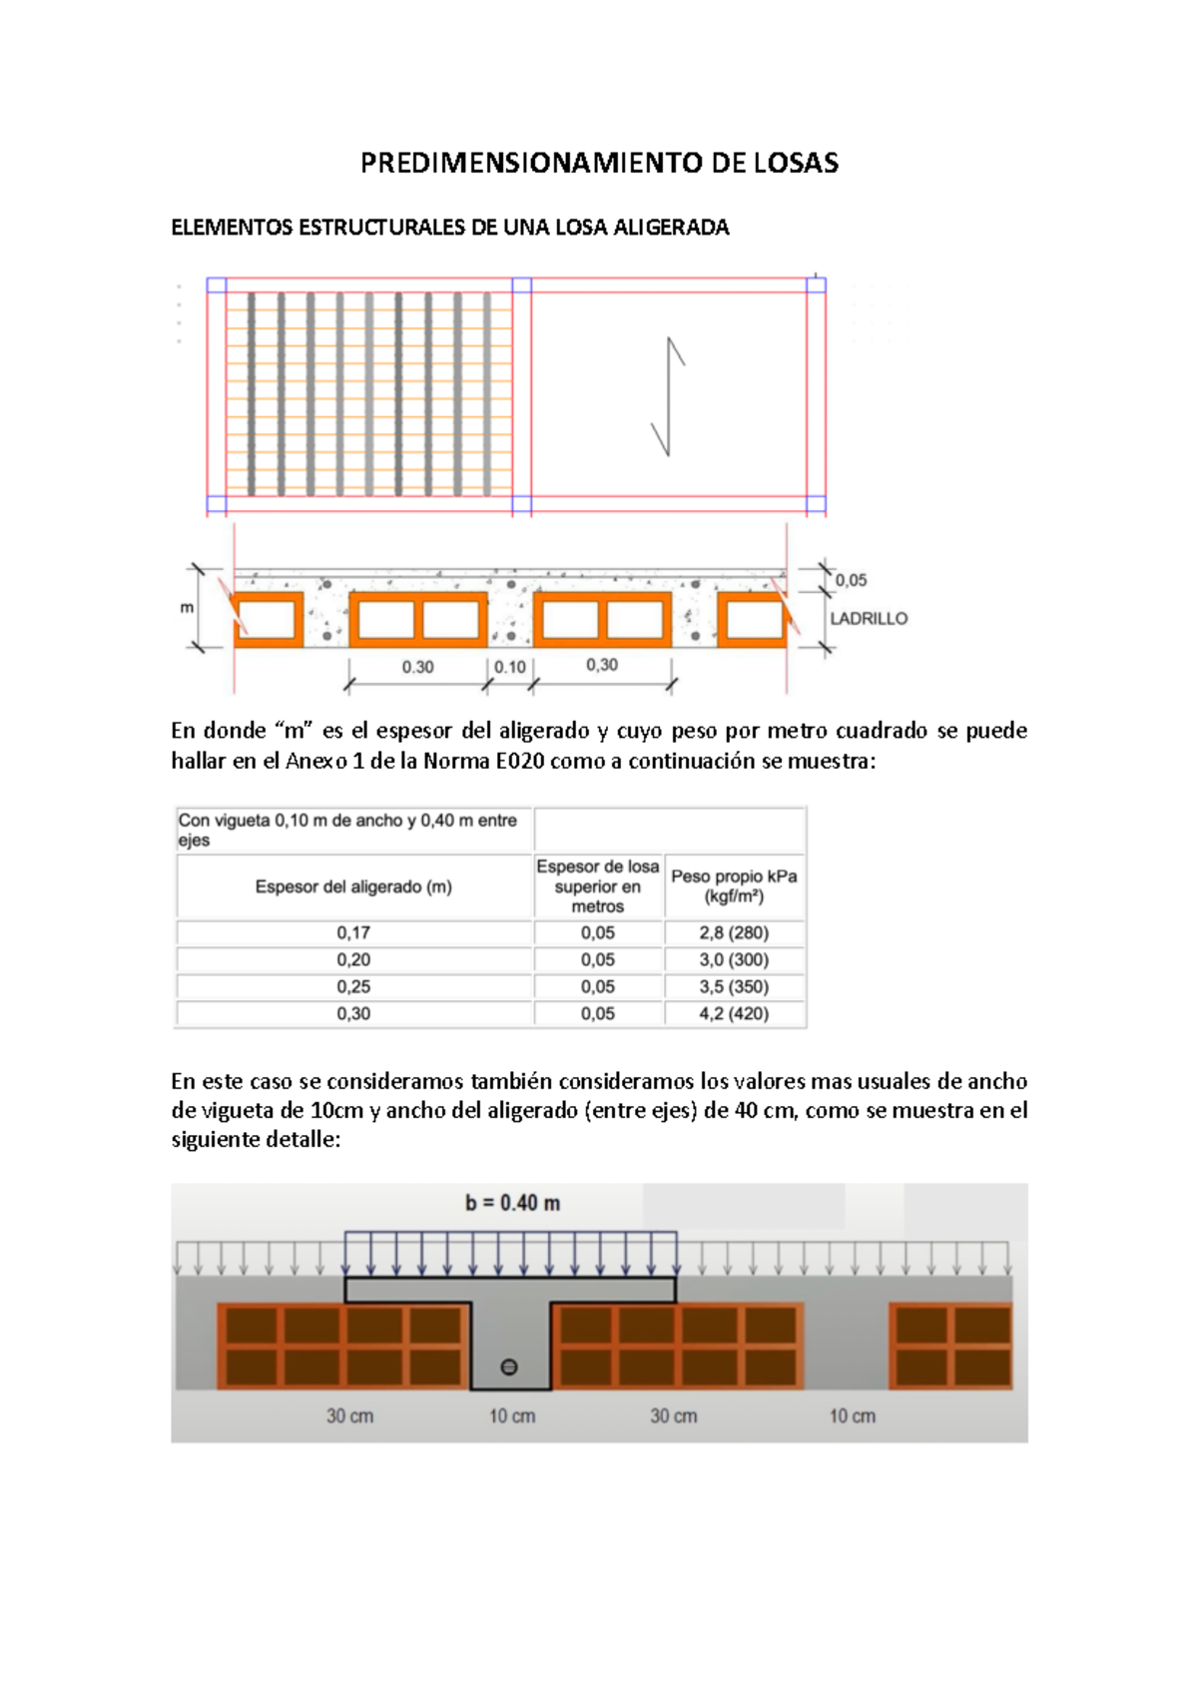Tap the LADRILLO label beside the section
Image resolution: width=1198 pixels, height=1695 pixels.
869,619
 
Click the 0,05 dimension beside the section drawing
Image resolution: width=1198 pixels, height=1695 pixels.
851,580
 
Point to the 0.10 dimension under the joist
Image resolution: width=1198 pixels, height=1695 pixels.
510,667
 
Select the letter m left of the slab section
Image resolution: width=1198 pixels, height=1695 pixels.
187,607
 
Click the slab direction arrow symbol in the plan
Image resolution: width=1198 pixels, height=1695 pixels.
668,397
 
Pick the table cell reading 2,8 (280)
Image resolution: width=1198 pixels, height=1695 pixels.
734,933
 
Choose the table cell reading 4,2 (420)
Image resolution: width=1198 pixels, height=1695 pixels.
734,1014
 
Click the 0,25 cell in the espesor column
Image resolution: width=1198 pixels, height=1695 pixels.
353,987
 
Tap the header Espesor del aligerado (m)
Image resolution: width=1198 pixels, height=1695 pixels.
353,886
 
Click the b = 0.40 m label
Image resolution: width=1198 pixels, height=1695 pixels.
512,1204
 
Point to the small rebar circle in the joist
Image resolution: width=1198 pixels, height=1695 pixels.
509,1368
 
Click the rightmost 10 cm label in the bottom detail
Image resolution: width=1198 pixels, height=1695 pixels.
852,1416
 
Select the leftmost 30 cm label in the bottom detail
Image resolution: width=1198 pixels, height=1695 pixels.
349,1416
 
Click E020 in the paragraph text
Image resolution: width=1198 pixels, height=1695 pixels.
519,762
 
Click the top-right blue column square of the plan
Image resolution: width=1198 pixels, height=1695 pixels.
816,285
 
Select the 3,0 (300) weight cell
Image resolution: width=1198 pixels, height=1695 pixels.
734,960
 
